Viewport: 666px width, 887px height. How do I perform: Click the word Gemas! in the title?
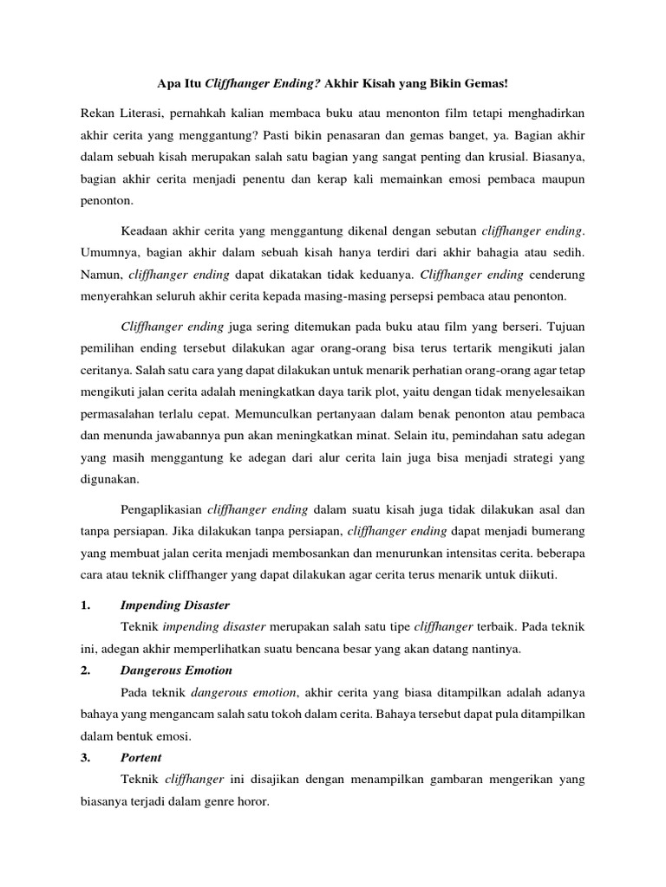[x=486, y=84]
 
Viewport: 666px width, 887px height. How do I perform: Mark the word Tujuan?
[x=563, y=328]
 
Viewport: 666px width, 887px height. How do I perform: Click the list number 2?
[x=86, y=670]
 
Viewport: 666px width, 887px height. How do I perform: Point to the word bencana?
[x=340, y=649]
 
